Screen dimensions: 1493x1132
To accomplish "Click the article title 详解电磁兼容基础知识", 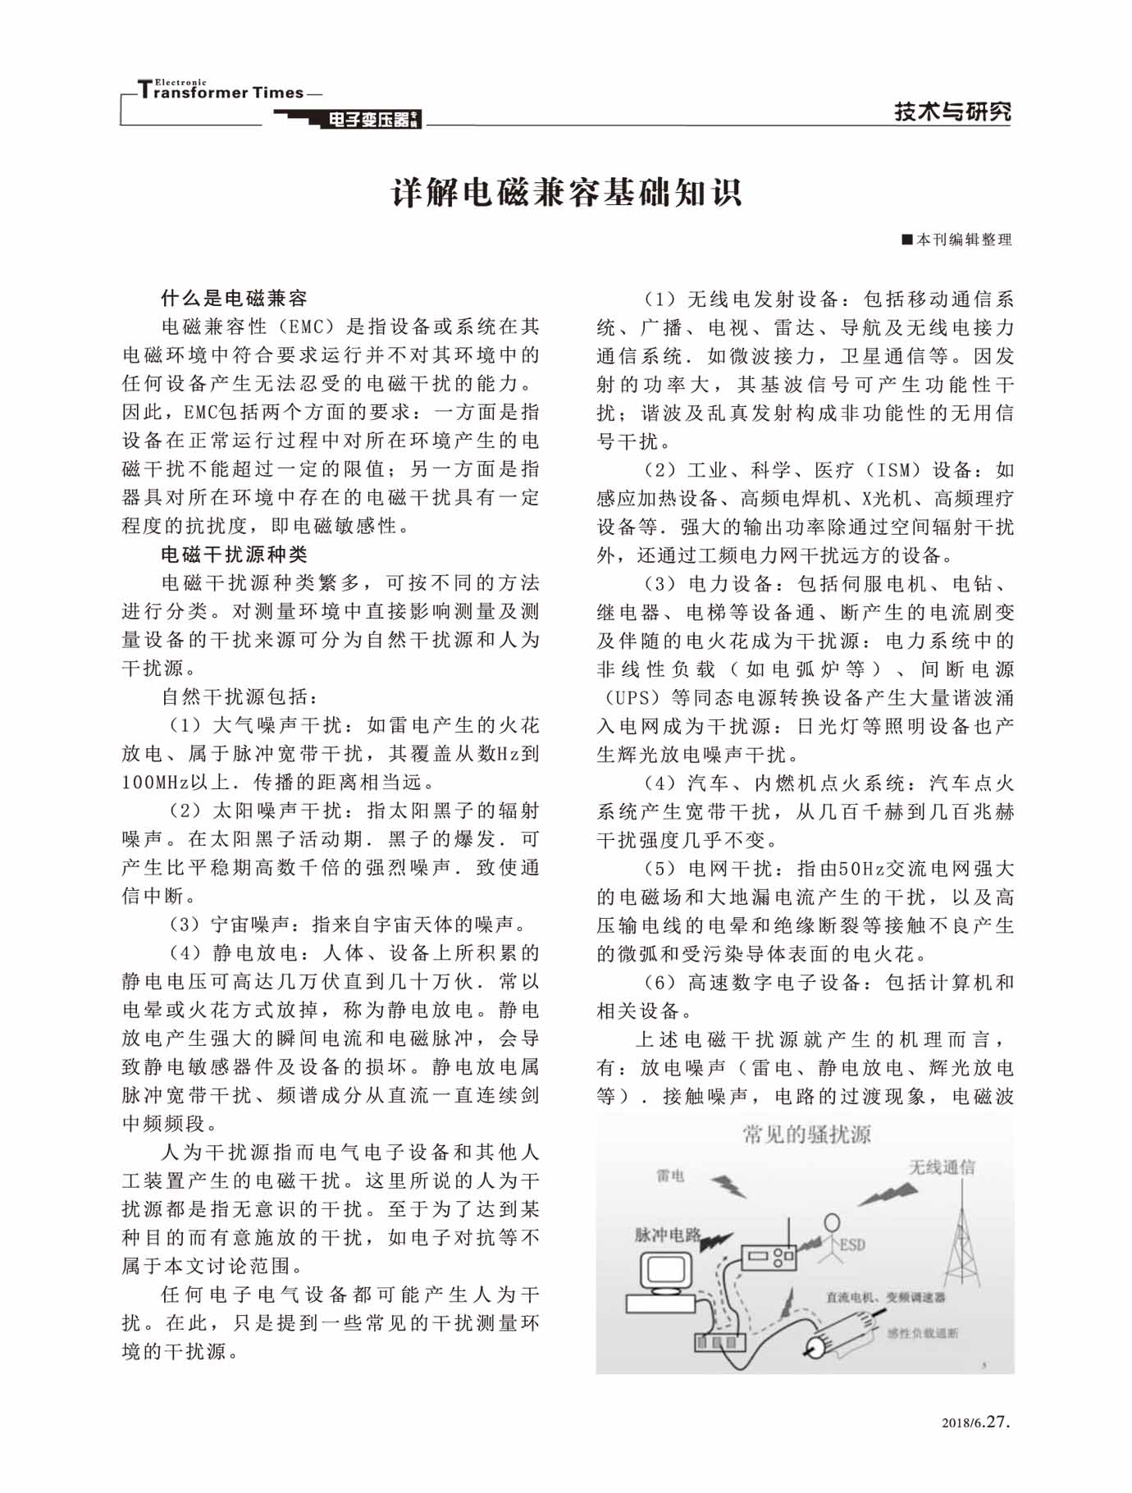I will pyautogui.click(x=566, y=193).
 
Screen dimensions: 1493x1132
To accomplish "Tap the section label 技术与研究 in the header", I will pyautogui.click(x=952, y=112).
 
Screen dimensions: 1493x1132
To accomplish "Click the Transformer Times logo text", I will pyautogui.click(x=221, y=91).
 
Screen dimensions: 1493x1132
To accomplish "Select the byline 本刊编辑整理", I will pyautogui.click(x=964, y=240).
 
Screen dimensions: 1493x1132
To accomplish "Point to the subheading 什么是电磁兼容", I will pyautogui.click(x=234, y=298).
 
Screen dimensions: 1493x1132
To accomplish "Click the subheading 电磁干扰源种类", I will pyautogui.click(x=234, y=555).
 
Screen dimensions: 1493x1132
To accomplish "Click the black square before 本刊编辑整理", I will pyautogui.click(x=907, y=240).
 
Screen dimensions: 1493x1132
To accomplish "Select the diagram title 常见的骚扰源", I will pyautogui.click(x=806, y=1135).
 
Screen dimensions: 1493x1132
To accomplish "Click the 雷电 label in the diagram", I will pyautogui.click(x=670, y=1176).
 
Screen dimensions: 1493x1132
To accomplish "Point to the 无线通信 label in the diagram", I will pyautogui.click(x=942, y=1167).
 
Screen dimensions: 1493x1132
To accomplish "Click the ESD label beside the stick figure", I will pyautogui.click(x=852, y=1244).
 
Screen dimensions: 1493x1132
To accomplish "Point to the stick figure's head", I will pyautogui.click(x=832, y=1221).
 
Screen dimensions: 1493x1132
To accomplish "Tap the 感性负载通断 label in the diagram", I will pyautogui.click(x=922, y=1333).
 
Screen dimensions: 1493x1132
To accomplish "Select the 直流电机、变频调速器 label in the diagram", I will pyautogui.click(x=885, y=1298).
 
